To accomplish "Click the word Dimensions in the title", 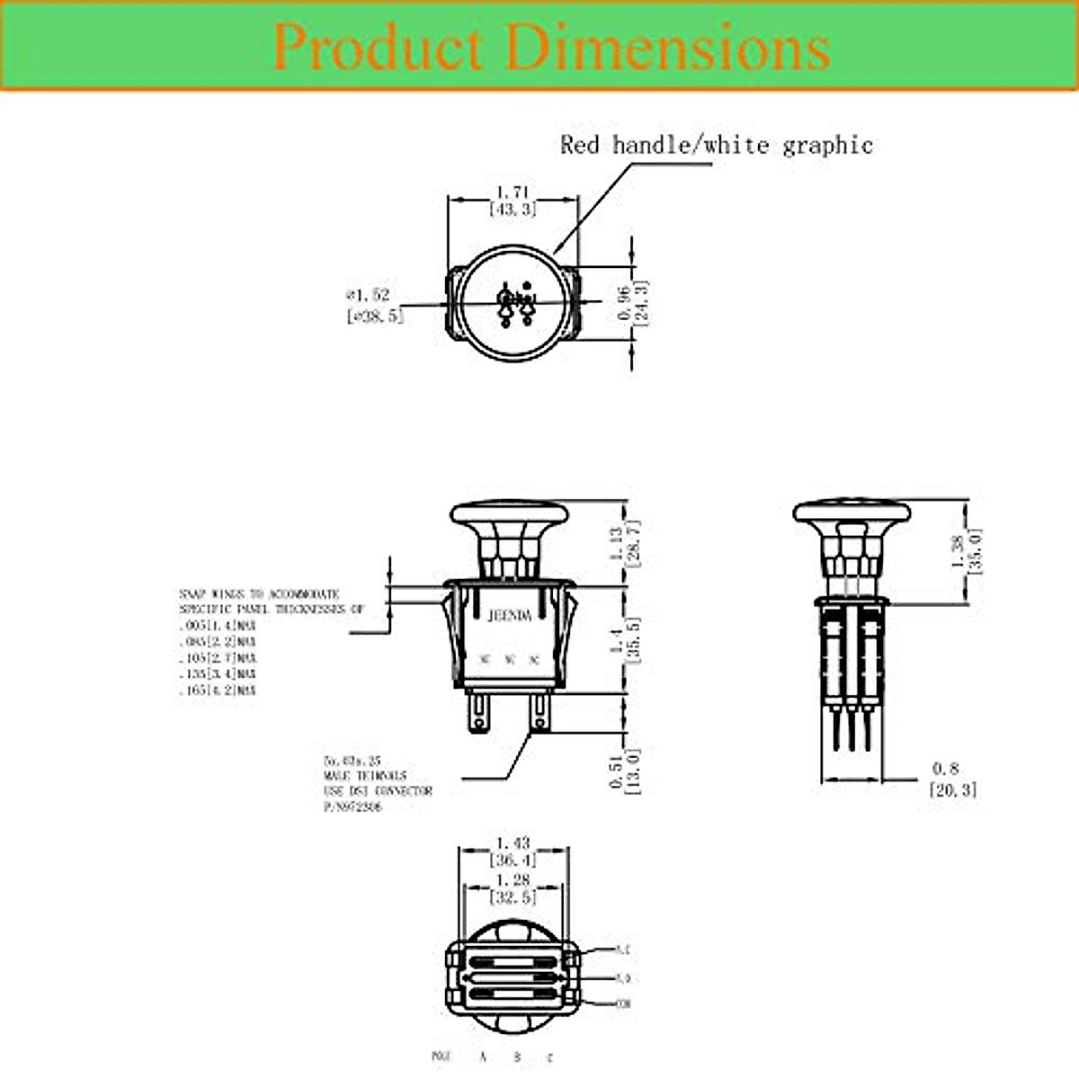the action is [x=667, y=48].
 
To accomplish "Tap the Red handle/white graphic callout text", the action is [x=717, y=145].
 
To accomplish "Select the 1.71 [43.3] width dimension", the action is [x=513, y=201].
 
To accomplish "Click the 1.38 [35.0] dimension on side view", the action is [x=967, y=549].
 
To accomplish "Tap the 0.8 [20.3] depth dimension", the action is [x=951, y=780].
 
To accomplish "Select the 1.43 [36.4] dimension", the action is [x=513, y=852].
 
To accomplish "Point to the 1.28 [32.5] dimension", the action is [x=513, y=888].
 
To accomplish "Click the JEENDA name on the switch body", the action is [x=510, y=616].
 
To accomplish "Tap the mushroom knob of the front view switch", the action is [x=510, y=517].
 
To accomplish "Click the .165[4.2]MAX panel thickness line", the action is [x=218, y=691].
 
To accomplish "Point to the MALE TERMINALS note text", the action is [x=365, y=775].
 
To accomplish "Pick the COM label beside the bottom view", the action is [x=622, y=1003].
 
